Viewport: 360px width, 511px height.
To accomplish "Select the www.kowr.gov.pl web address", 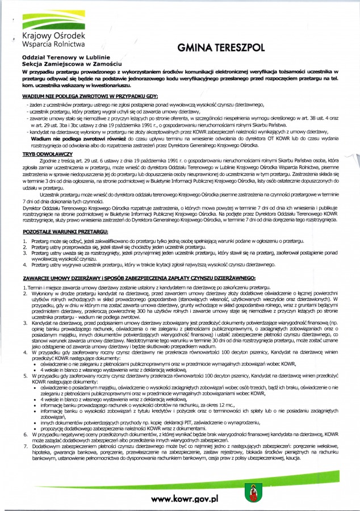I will (x=183, y=499).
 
